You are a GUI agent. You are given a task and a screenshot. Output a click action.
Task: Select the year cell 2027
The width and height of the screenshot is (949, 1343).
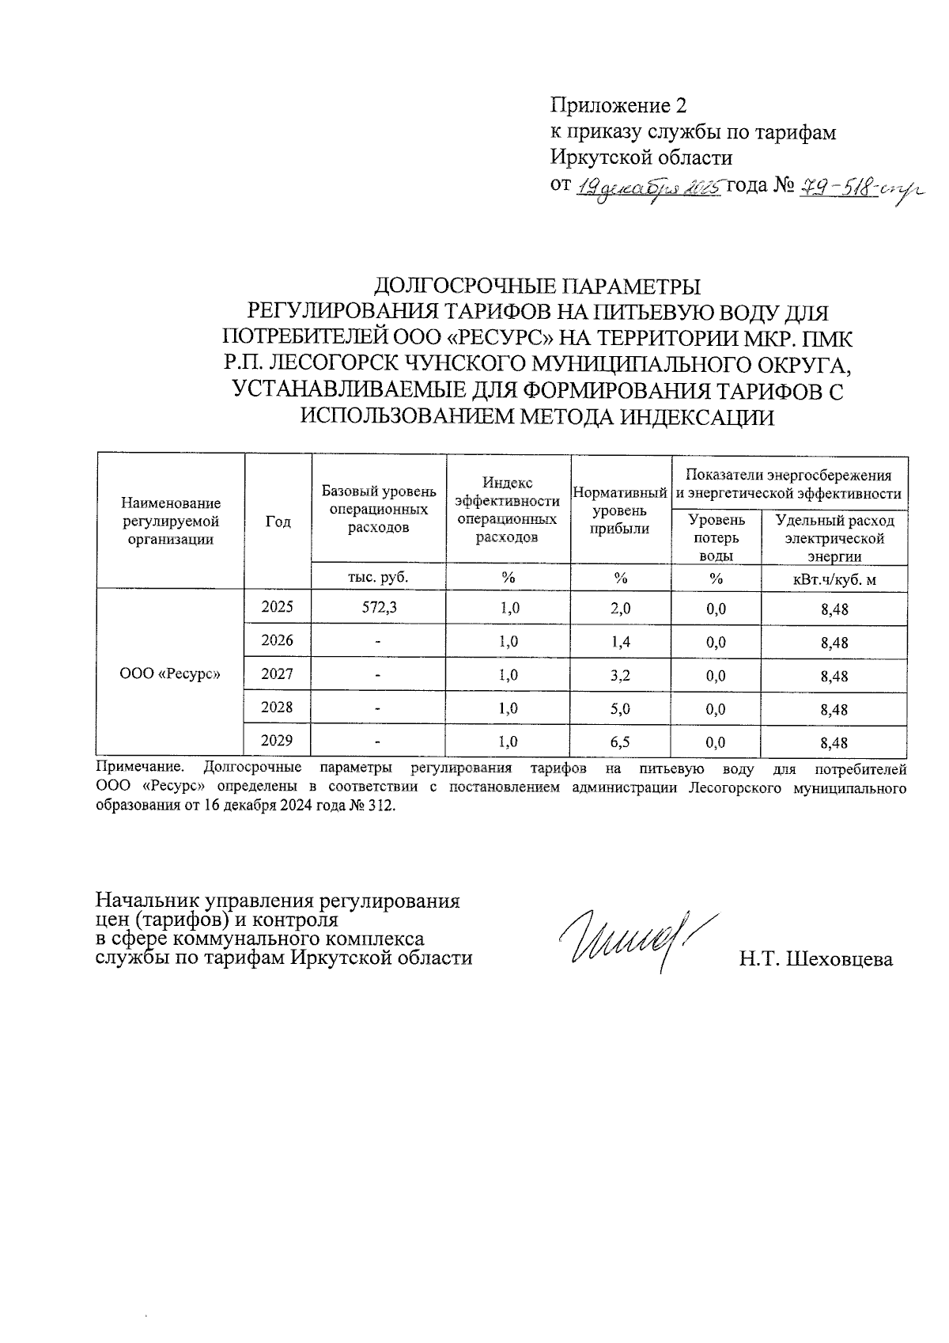[x=278, y=674]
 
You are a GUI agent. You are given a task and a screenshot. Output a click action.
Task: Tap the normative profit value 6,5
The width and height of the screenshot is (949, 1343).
[x=621, y=742]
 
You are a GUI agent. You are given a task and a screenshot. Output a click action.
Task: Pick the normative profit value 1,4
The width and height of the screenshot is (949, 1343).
[x=621, y=642]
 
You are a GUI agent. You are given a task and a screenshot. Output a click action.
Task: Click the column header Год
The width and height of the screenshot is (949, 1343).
[x=278, y=522]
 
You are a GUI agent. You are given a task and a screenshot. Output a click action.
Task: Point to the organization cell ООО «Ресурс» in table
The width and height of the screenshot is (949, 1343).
[x=169, y=674]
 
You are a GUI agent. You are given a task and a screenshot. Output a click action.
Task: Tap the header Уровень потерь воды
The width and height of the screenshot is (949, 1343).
[x=716, y=537]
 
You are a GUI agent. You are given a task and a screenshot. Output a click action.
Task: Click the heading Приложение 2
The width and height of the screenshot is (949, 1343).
[x=618, y=106]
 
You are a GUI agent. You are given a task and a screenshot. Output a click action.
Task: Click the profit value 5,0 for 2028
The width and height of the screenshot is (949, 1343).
[x=621, y=709]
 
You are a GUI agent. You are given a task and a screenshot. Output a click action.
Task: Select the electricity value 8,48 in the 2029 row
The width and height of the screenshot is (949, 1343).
[x=834, y=743]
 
